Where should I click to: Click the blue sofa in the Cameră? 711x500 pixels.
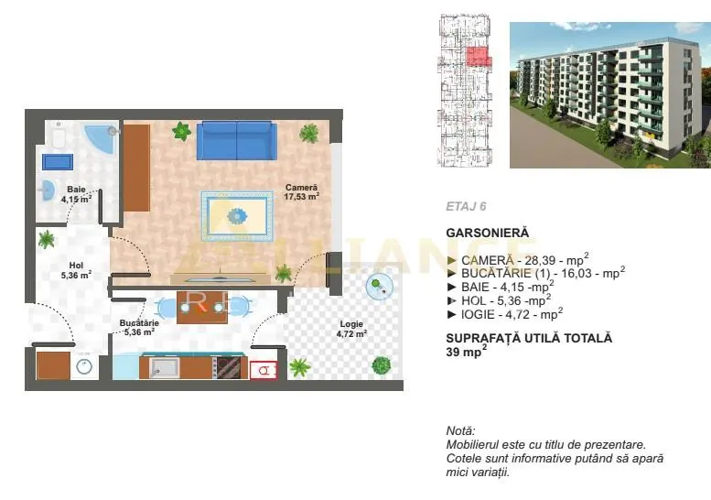point(237,141)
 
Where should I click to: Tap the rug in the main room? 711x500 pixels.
point(237,216)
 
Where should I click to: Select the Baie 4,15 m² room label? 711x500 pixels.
point(76,194)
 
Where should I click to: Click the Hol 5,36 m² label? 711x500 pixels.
point(76,270)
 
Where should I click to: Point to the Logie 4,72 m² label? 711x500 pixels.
point(351,329)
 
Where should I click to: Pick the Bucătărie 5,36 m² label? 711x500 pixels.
point(139,327)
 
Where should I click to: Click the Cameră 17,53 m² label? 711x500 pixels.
point(302,192)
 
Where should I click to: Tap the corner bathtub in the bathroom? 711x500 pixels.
point(102,138)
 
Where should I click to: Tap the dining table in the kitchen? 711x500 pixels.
point(202,307)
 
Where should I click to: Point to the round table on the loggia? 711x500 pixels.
point(379,287)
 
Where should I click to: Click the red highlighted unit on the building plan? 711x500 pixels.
point(479,58)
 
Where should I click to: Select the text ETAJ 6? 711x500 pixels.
point(466,206)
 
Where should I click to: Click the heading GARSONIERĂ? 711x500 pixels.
point(488,233)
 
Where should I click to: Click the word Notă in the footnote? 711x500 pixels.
point(460,431)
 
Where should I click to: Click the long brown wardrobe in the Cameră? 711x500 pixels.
point(137,168)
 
